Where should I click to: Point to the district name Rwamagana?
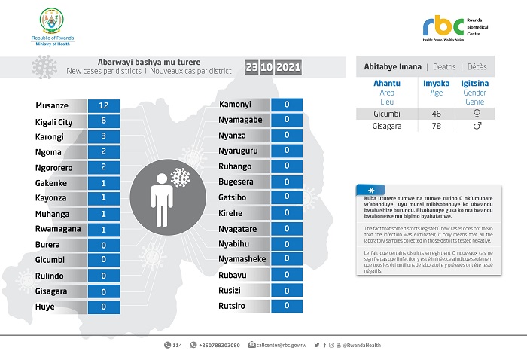tap(57, 229)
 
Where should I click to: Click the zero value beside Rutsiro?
tap(286, 306)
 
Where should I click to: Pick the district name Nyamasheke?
tap(243, 259)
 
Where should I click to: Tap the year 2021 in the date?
tap(288, 68)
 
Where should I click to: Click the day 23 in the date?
tap(252, 68)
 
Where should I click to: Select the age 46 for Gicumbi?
tap(434, 113)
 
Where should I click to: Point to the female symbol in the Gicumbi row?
tap(476, 113)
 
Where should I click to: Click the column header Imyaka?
tap(434, 84)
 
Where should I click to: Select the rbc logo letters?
tap(444, 26)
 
